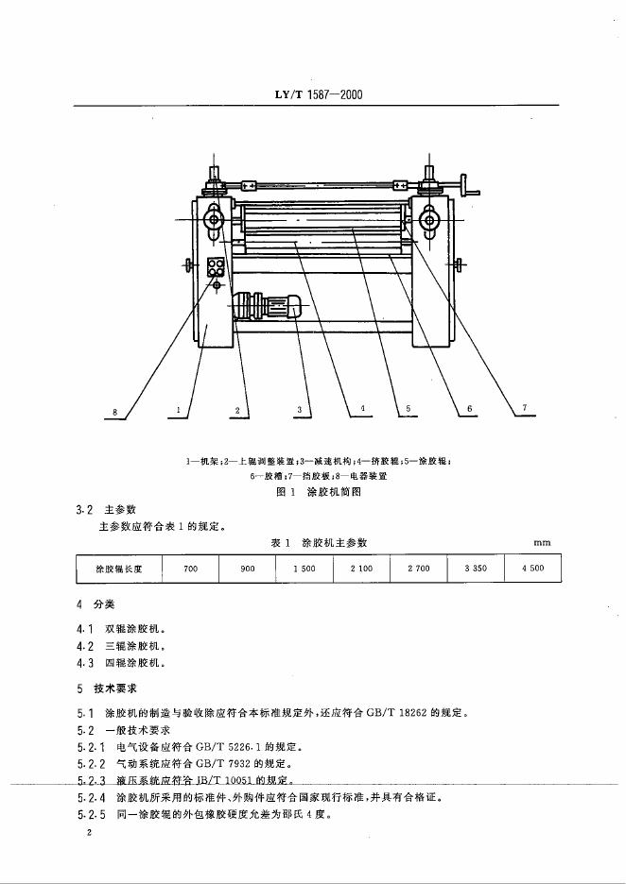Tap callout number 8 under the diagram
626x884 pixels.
(113, 412)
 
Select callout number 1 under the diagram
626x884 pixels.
(178, 410)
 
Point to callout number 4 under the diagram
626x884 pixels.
(362, 409)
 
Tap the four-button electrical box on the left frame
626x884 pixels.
(217, 264)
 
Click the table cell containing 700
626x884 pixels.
(190, 569)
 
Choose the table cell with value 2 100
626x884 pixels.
(361, 569)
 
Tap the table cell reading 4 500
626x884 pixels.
(531, 569)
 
